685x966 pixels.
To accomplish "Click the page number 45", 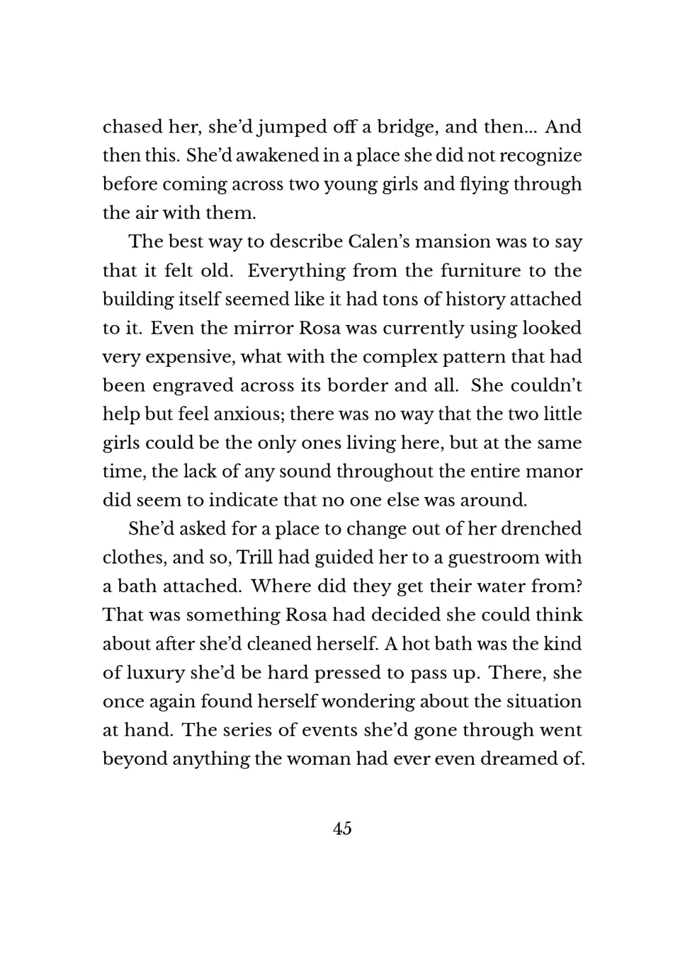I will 342,828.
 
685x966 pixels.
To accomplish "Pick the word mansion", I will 455,242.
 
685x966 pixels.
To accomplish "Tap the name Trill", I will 254,557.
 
